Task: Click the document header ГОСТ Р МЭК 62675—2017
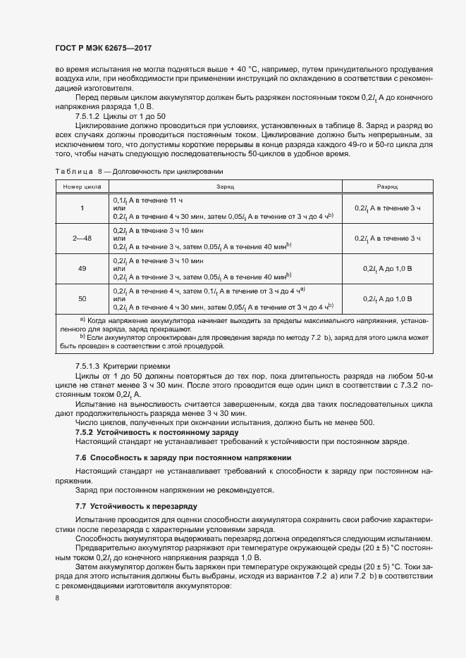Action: click(x=103, y=48)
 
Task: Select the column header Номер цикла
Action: click(x=82, y=187)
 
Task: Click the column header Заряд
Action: click(x=225, y=187)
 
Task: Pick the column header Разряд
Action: click(x=387, y=187)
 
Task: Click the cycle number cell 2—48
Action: click(x=82, y=239)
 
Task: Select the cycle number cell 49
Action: click(x=82, y=269)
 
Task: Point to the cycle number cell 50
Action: click(x=82, y=298)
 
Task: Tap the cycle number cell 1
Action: click(x=82, y=208)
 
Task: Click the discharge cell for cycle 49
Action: click(x=387, y=269)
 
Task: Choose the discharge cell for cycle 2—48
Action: click(x=387, y=239)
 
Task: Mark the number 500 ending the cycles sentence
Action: click(x=367, y=422)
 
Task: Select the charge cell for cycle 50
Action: click(x=225, y=298)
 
